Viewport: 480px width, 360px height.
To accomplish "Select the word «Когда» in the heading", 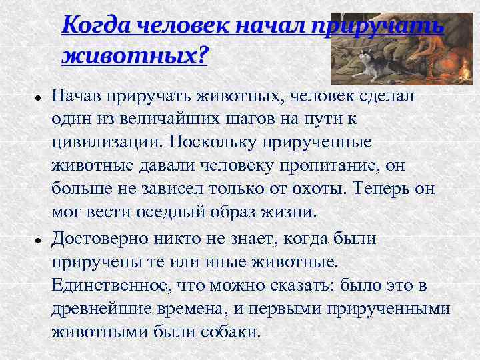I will tap(95, 25).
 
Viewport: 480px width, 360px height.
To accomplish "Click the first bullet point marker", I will tap(39, 97).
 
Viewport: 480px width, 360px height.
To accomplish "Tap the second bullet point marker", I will tap(39, 239).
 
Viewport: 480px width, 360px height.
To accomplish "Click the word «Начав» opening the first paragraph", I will tap(75, 95).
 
